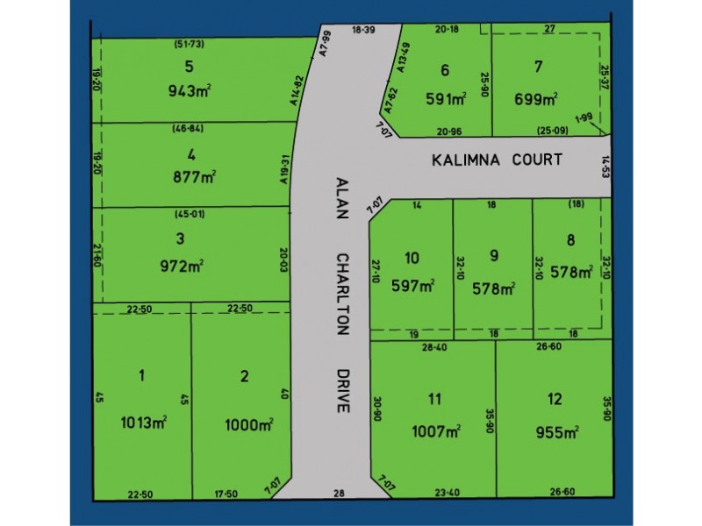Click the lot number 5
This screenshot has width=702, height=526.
coord(189,65)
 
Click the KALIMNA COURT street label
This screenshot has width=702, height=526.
coord(496,160)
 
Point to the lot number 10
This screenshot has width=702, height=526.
coord(412,257)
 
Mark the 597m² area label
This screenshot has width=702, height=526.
coord(413,286)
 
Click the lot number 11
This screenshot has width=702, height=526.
coord(434,400)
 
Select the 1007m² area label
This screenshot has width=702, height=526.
coord(436,430)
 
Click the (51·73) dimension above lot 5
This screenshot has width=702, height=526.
coord(189,43)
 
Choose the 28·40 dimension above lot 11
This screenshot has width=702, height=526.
coord(435,348)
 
